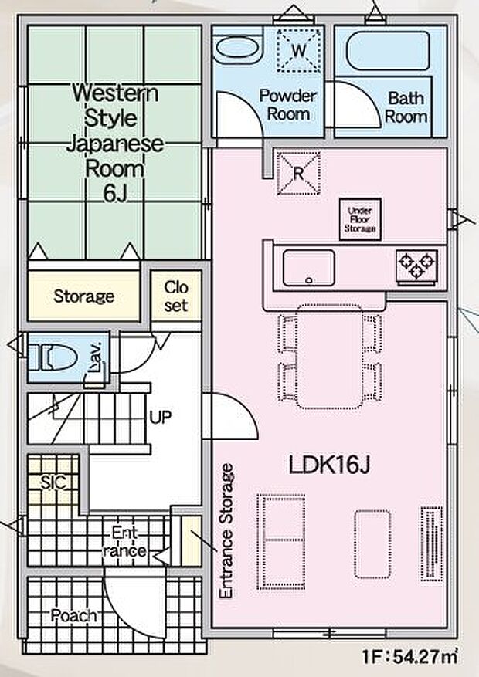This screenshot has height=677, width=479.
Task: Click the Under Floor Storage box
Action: click(x=360, y=219)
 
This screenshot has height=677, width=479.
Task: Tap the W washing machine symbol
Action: click(x=298, y=50)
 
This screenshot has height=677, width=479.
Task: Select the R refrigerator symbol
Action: click(x=298, y=173)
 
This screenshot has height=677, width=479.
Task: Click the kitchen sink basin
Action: click(x=308, y=268)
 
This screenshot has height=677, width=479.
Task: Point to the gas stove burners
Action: click(x=416, y=266)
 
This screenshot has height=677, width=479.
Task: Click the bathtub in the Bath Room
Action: click(x=389, y=50)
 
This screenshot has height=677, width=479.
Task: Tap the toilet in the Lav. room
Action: click(x=53, y=357)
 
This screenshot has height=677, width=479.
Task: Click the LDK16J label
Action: click(x=329, y=465)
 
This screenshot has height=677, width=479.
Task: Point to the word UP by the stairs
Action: click(x=160, y=417)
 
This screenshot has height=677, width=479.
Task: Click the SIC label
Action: click(x=53, y=482)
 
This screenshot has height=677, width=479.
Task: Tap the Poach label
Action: click(x=73, y=615)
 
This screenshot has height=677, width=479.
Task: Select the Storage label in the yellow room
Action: click(x=84, y=296)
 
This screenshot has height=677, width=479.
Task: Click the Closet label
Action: click(x=176, y=296)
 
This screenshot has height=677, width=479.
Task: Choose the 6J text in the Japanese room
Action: click(x=115, y=195)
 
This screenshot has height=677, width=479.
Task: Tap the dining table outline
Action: click(x=330, y=356)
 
